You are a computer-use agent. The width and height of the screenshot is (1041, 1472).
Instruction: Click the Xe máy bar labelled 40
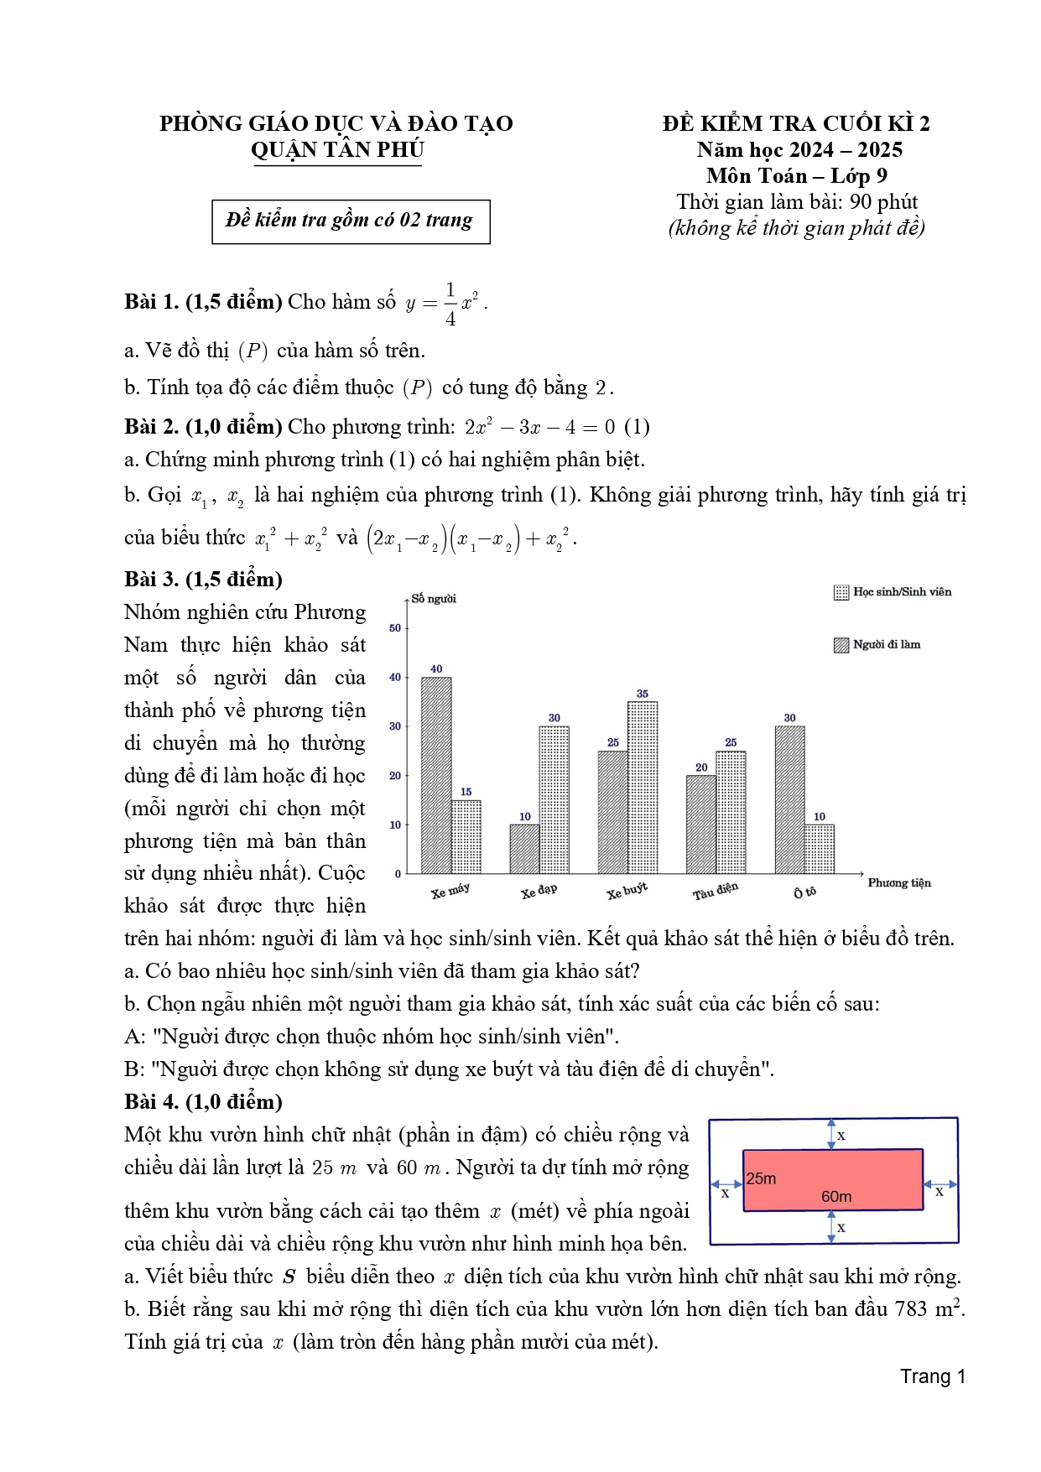(436, 775)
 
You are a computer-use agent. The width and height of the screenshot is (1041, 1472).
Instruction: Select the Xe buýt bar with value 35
(643, 788)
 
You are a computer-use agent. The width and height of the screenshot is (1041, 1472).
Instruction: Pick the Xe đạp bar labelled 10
(524, 849)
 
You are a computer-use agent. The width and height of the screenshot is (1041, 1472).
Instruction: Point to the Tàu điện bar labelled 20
(701, 824)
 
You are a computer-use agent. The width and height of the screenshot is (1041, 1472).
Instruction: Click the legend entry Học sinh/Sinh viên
(893, 592)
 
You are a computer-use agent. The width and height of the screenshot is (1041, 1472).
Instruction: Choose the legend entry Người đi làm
(877, 645)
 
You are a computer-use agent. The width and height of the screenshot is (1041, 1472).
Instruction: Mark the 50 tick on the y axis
(395, 628)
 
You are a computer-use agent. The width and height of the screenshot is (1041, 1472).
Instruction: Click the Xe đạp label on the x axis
(539, 892)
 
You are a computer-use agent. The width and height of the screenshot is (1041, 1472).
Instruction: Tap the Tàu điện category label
(715, 892)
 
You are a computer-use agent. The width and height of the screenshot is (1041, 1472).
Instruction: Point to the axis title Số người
(434, 599)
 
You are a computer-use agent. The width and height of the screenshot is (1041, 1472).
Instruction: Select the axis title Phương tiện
(899, 883)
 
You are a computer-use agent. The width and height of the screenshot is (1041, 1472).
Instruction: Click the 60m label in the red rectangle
(836, 1197)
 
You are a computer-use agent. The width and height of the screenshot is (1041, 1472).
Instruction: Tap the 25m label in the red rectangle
(762, 1178)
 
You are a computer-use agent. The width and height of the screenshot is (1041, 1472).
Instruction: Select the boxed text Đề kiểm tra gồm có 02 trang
(350, 221)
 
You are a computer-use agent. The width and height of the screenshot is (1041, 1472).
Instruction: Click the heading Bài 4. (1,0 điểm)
(203, 1102)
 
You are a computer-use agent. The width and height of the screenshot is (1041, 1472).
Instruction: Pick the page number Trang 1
(933, 1376)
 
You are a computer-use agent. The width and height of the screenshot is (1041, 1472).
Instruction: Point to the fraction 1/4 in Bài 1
(450, 304)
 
